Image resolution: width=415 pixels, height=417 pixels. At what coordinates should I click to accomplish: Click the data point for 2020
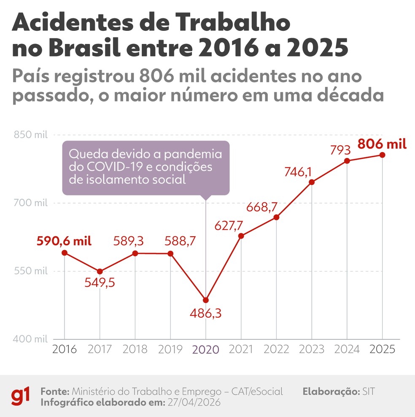click(206, 300)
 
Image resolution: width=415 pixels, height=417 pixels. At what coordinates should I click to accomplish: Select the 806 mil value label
click(382, 144)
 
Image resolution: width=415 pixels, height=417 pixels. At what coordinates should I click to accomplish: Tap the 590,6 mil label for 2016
click(64, 241)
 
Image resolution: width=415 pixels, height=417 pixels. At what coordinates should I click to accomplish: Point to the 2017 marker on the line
click(100, 271)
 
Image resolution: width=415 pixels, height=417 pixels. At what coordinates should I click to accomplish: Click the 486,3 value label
click(206, 314)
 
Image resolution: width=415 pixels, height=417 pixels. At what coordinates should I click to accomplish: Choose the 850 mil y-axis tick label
click(31, 135)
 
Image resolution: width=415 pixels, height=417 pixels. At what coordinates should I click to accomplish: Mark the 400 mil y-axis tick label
click(31, 339)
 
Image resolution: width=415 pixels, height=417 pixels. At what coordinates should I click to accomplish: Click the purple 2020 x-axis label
click(206, 350)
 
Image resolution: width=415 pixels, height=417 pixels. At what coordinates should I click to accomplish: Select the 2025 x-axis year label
click(382, 350)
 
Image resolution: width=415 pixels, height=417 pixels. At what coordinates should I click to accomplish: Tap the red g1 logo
click(20, 396)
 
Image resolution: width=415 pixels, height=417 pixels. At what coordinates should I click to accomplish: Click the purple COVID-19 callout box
click(146, 168)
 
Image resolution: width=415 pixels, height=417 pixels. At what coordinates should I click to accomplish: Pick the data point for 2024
click(347, 161)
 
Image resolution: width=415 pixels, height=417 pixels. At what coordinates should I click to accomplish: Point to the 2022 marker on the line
click(276, 217)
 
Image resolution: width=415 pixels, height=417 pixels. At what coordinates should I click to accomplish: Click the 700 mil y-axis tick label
click(31, 203)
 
